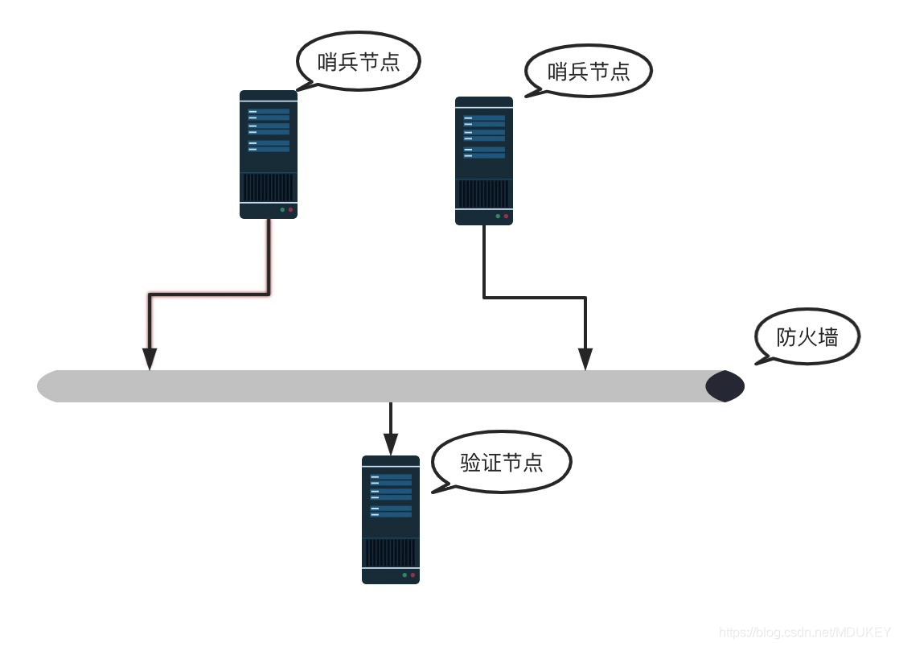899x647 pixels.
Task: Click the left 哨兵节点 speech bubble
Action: tap(359, 62)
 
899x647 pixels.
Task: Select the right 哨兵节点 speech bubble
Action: tap(589, 71)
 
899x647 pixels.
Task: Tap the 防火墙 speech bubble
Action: tap(807, 337)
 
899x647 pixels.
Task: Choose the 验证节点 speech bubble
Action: tap(502, 462)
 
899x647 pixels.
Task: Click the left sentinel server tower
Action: tap(269, 154)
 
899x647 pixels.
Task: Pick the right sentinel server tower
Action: tap(484, 160)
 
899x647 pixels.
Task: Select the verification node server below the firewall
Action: tap(391, 519)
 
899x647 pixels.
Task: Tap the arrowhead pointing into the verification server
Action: tap(391, 444)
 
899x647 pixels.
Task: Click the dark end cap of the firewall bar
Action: tap(725, 386)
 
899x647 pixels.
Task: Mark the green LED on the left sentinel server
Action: tap(282, 210)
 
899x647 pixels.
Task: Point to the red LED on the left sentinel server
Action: tap(291, 210)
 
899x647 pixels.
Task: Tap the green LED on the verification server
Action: tap(404, 575)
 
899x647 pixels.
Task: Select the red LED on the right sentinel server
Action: tap(507, 216)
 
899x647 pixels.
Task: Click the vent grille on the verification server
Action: tap(391, 553)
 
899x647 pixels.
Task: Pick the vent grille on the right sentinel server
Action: tap(484, 194)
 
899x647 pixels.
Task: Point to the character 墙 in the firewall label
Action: tap(828, 337)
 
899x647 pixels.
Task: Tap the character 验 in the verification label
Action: tap(470, 462)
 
